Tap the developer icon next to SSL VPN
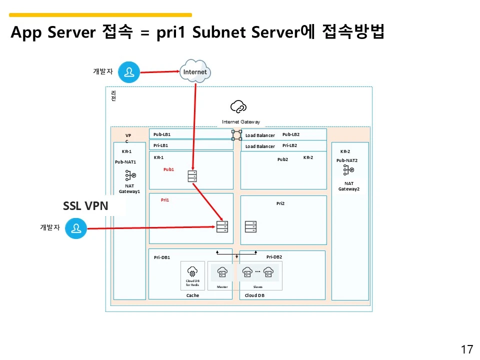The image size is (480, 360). pyautogui.click(x=76, y=229)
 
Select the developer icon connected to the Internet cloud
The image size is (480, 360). pyautogui.click(x=129, y=72)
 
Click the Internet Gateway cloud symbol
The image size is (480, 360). pyautogui.click(x=238, y=106)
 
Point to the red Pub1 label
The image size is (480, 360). pyautogui.click(x=168, y=169)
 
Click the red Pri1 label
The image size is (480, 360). pyautogui.click(x=165, y=200)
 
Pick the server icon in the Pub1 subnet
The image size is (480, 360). pyautogui.click(x=192, y=176)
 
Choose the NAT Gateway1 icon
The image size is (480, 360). pyautogui.click(x=130, y=175)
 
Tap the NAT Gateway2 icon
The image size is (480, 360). pyautogui.click(x=348, y=170)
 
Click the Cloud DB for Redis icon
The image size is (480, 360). pyautogui.click(x=192, y=271)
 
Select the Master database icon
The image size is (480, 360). pyautogui.click(x=222, y=272)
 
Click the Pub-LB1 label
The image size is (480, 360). pyautogui.click(x=162, y=134)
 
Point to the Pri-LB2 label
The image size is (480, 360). pyautogui.click(x=289, y=145)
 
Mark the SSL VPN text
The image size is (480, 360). pyautogui.click(x=85, y=206)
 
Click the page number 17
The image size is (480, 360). pyautogui.click(x=466, y=349)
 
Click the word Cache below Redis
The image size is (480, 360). pyautogui.click(x=192, y=295)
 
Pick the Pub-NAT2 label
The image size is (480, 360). pyautogui.click(x=347, y=160)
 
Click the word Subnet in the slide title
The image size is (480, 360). pyautogui.click(x=219, y=32)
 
